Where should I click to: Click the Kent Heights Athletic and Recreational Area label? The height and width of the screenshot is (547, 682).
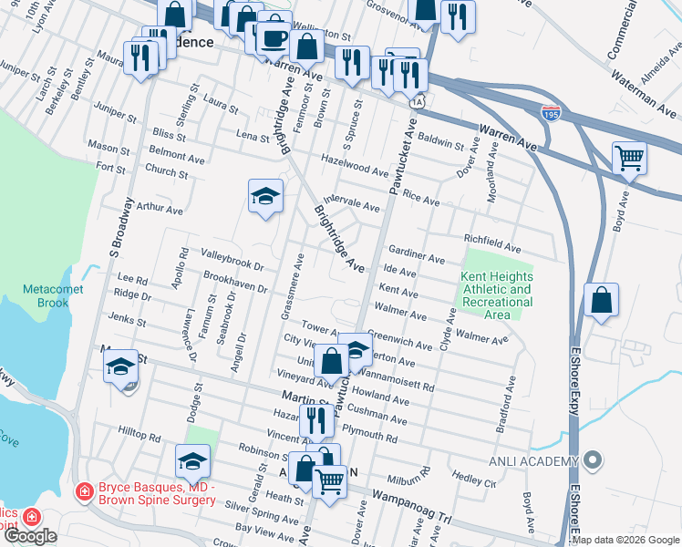tap(497, 295)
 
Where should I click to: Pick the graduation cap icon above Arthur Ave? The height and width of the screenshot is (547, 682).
tap(265, 195)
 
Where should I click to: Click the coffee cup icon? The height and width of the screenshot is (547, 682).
tap(274, 38)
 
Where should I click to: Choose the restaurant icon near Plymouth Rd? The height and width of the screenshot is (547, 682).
tap(316, 419)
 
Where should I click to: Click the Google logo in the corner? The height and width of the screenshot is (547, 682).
tap(31, 536)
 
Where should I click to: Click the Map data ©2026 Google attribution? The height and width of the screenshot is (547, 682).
tap(625, 540)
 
